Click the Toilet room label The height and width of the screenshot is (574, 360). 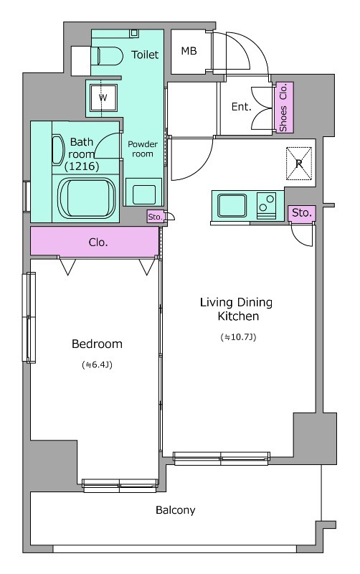[145, 55]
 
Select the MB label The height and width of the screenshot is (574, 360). [189, 51]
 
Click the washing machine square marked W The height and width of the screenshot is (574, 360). [103, 98]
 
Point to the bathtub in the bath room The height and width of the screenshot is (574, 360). [87, 198]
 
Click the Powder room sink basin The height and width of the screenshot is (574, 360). [143, 194]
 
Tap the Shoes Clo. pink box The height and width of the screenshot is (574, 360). [284, 107]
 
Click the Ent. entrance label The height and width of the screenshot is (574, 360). [242, 107]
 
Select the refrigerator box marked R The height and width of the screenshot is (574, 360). [299, 164]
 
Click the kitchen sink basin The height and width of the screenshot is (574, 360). [232, 205]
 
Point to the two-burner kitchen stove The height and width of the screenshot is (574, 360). [266, 205]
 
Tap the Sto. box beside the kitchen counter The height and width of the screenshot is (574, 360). [302, 212]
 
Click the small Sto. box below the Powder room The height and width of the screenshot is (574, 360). [156, 217]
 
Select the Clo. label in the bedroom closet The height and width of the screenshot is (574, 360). [98, 243]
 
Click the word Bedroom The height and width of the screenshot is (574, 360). [97, 344]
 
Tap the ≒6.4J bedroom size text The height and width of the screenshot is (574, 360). [97, 364]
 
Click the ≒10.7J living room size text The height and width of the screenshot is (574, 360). [238, 337]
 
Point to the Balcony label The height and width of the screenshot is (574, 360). [175, 510]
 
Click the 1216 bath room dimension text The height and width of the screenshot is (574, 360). [82, 166]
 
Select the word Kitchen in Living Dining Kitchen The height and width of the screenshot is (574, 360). [238, 316]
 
